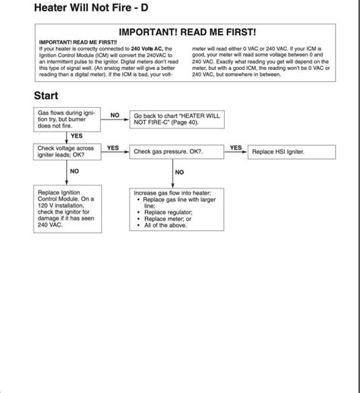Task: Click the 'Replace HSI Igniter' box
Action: pyautogui.click(x=291, y=152)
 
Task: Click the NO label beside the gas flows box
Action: pyautogui.click(x=115, y=115)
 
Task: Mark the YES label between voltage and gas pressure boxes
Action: pyautogui.click(x=113, y=147)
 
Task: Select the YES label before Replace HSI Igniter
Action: pyautogui.click(x=235, y=147)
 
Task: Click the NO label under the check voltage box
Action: pyautogui.click(x=74, y=172)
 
